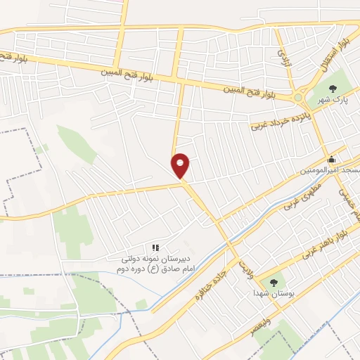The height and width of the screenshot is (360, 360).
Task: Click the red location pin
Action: click(181, 165)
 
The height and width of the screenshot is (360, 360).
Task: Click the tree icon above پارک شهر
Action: click(333, 89)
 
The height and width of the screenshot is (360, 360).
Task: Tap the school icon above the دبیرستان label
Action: click(155, 247)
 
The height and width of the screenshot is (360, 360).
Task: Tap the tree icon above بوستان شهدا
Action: click(274, 281)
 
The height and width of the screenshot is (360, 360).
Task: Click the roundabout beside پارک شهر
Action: click(301, 98)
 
